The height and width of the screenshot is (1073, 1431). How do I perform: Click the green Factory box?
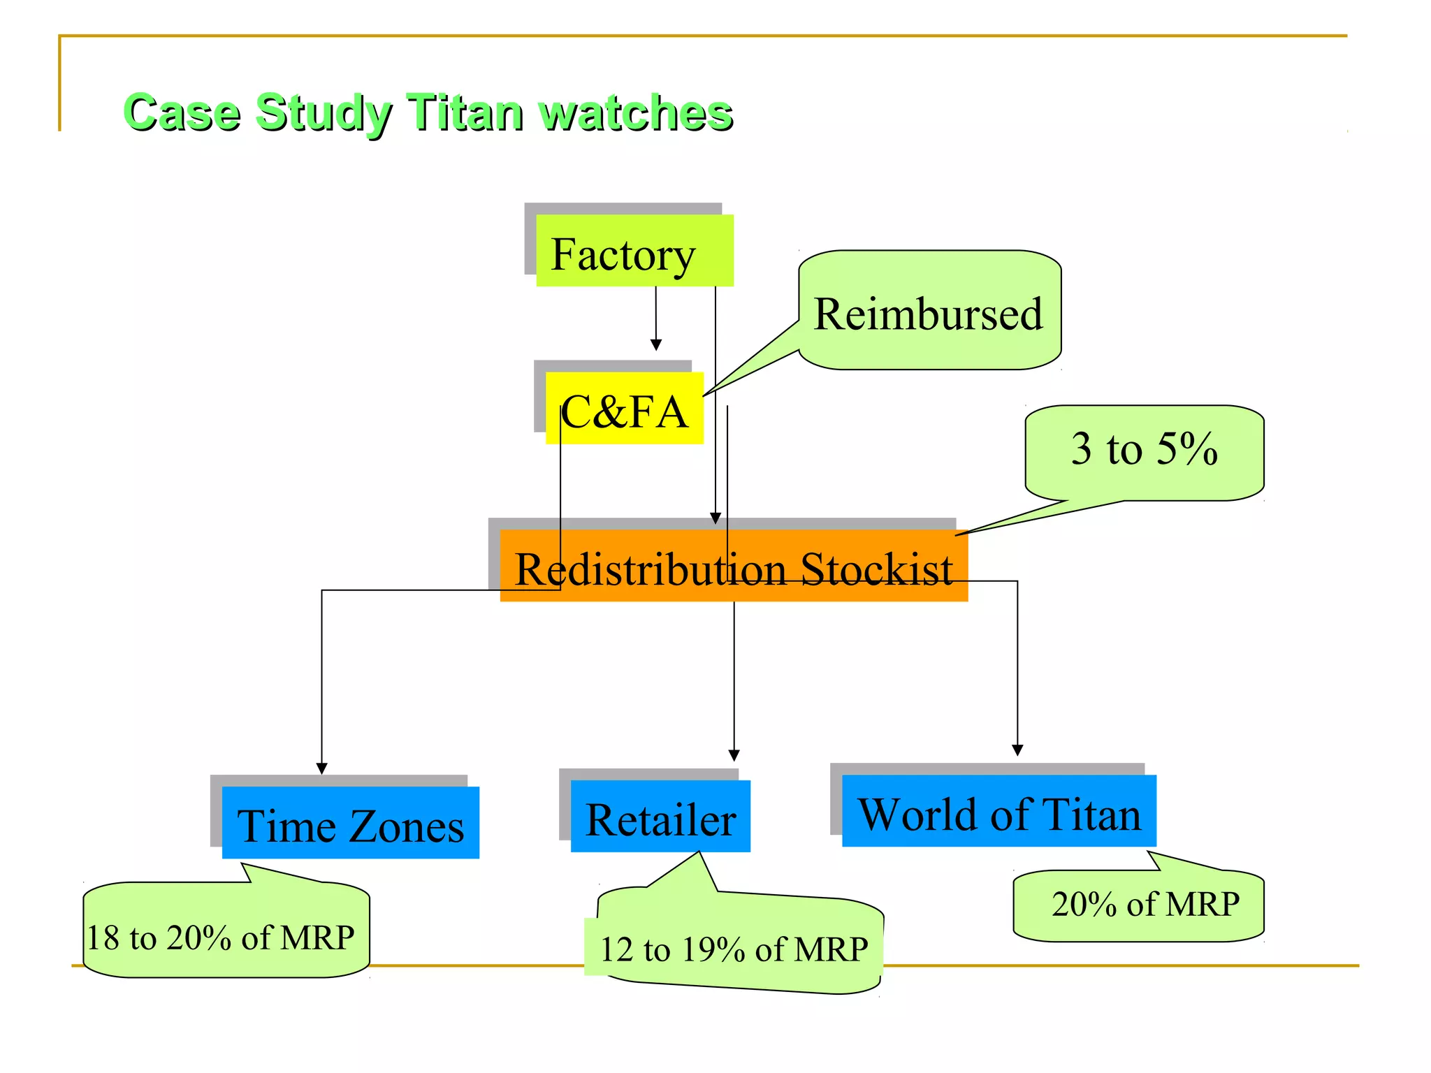pos(634,251)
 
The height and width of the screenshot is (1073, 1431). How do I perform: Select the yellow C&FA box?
pos(625,409)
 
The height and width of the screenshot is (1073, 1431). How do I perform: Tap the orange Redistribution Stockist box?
pos(734,566)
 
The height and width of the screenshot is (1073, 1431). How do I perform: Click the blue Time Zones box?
pos(351,823)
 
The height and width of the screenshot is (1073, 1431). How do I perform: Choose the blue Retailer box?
pos(660,817)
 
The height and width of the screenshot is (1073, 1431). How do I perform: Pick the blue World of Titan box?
pos(998,811)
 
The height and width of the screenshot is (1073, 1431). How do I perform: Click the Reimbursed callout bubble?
pos(929,311)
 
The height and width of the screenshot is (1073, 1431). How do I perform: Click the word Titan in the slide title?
pos(465,112)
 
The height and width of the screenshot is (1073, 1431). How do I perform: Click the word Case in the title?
pos(182,112)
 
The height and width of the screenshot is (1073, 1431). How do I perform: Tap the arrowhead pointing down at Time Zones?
pos(322,768)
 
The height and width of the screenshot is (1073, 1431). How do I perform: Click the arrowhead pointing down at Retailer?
pos(734,756)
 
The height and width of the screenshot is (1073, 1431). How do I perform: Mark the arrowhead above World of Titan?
pos(1017,750)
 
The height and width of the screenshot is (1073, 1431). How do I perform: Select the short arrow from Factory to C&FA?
pos(656,318)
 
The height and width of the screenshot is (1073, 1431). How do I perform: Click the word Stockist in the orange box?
pos(876,569)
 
